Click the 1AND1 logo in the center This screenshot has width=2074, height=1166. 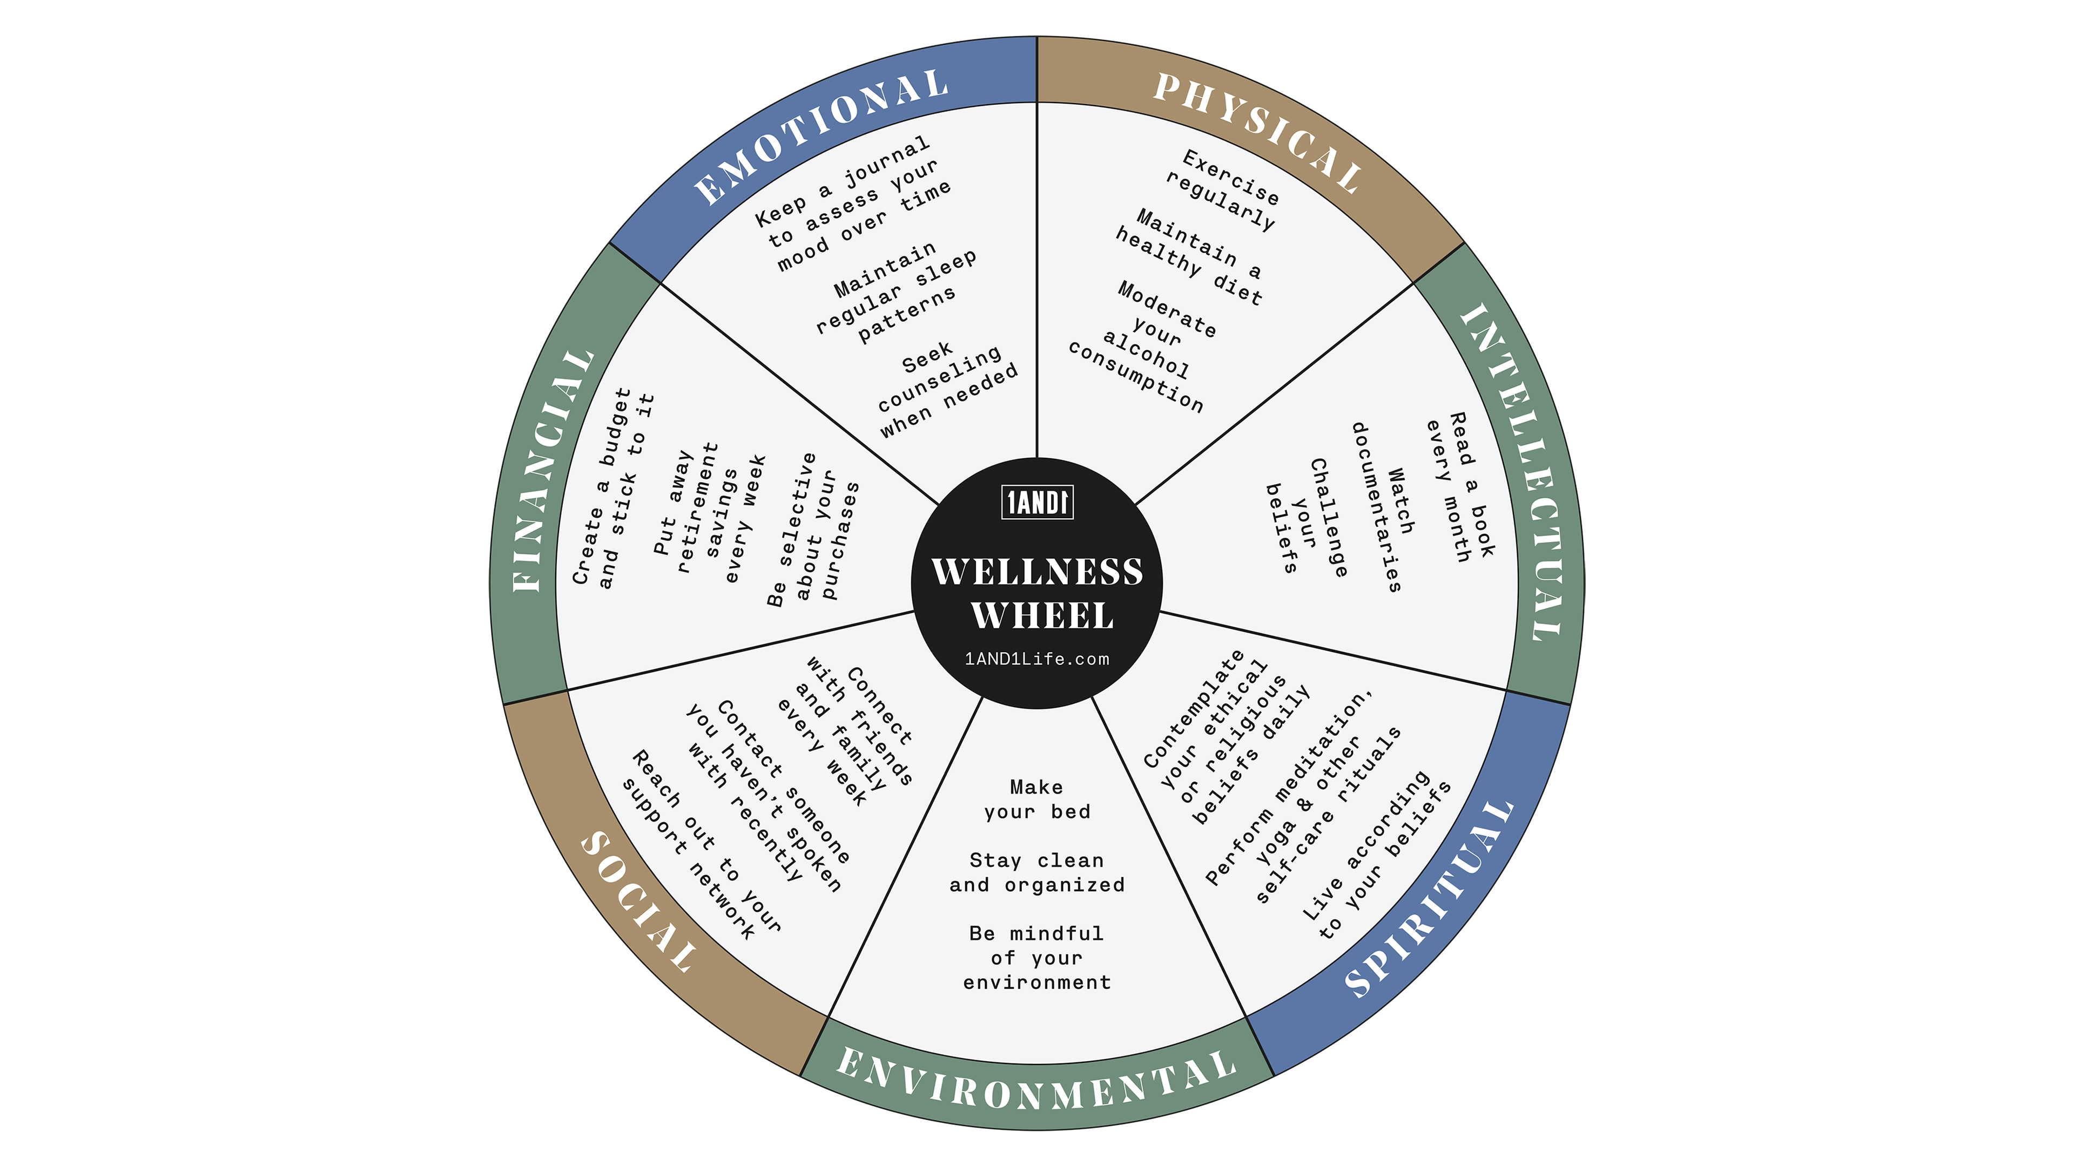[x=1037, y=503]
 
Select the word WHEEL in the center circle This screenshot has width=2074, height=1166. [x=1042, y=615]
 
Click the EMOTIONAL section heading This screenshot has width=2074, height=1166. [x=820, y=136]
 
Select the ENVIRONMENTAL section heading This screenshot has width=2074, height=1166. [x=1037, y=1082]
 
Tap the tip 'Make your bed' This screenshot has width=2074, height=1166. [x=1037, y=799]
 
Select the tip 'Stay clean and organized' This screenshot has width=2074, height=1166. [x=1037, y=872]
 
